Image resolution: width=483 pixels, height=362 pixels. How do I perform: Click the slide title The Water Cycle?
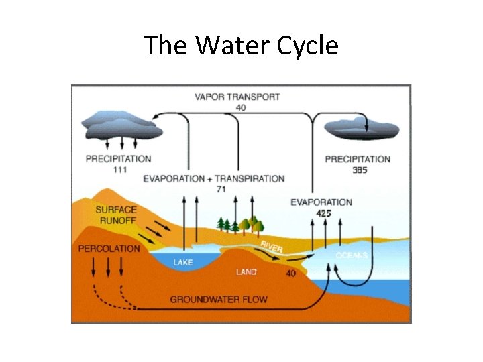241,46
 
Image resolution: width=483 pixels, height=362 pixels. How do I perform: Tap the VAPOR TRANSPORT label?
237,97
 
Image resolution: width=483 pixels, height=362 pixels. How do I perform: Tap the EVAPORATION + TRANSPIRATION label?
213,179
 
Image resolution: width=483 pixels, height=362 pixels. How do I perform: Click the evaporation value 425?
323,213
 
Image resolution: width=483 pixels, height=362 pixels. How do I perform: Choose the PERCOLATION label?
109,249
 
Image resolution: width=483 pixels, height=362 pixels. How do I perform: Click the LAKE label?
183,262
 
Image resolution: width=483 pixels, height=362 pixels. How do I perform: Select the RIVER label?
272,246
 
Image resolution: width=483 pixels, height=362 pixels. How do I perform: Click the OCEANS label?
352,255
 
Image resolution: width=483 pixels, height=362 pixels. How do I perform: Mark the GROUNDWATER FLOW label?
219,299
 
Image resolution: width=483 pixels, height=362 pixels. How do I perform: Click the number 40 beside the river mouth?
291,274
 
